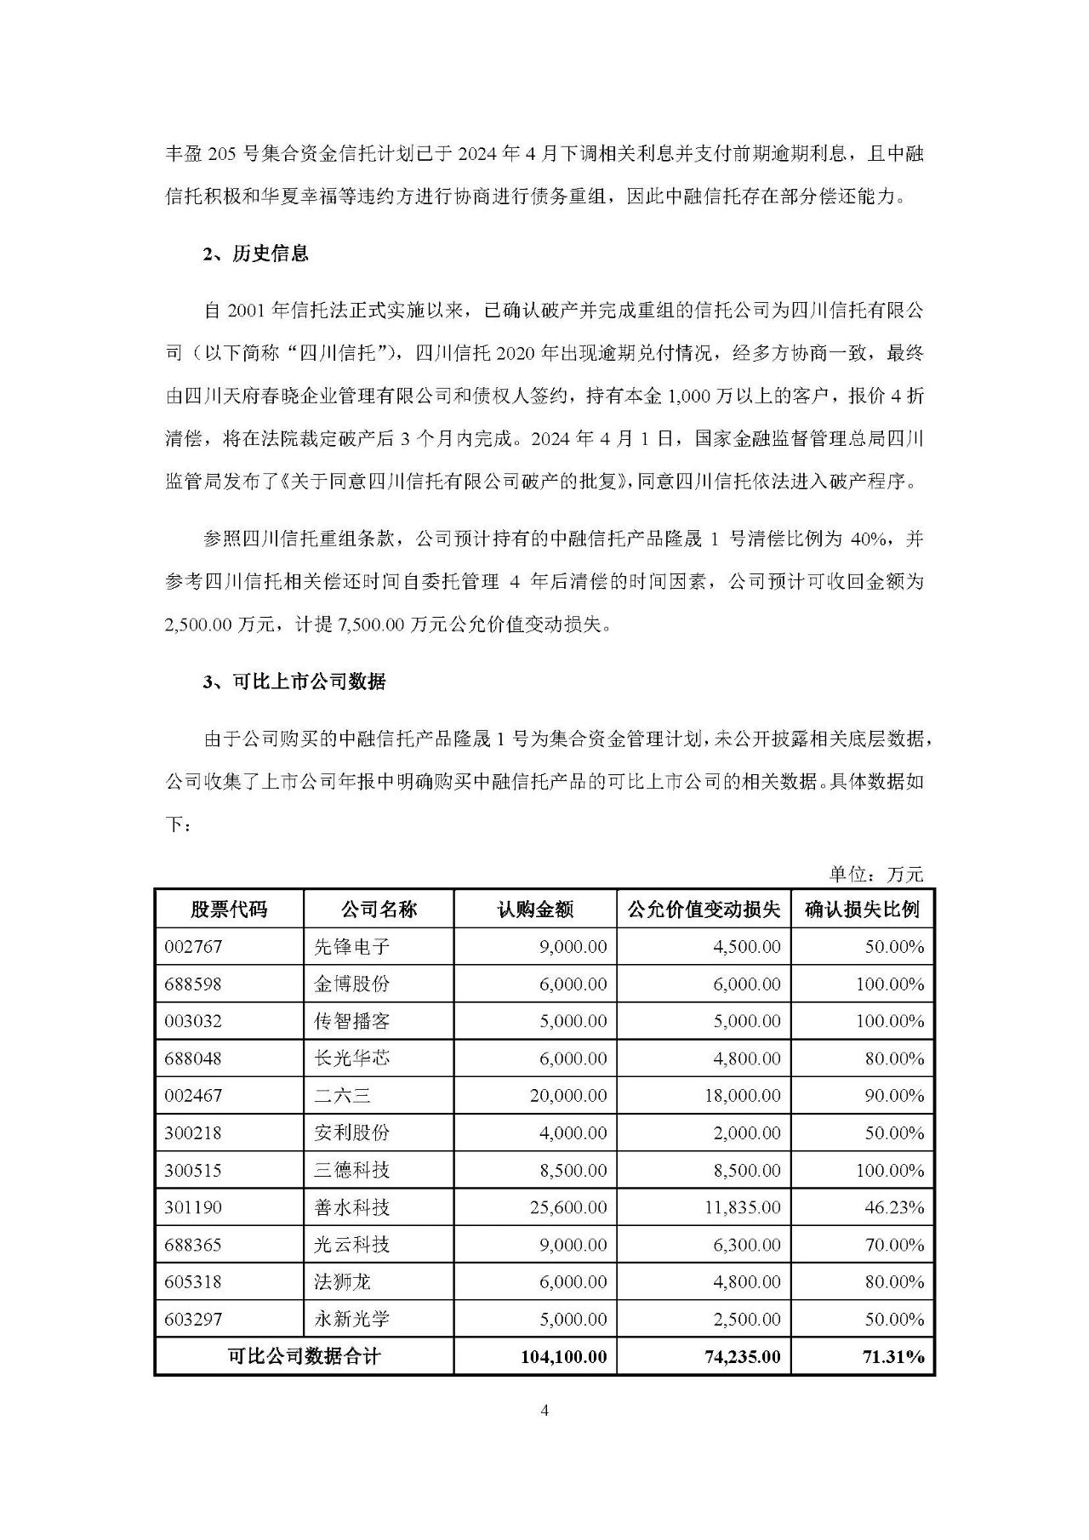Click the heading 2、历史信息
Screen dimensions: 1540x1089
point(256,254)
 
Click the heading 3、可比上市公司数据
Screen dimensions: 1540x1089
point(294,682)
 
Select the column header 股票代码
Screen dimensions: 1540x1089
point(229,910)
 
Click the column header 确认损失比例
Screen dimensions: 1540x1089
point(862,910)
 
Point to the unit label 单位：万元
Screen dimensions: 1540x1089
point(875,874)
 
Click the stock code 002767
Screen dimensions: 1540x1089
point(193,947)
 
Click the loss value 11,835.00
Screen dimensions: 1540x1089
point(742,1207)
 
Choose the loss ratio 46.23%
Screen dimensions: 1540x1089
point(893,1207)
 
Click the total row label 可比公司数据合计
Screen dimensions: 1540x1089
point(304,1356)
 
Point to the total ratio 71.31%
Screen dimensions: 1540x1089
point(892,1356)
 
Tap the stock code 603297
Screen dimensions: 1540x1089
point(193,1320)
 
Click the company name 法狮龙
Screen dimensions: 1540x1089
point(342,1282)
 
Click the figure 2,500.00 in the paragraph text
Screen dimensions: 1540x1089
point(198,625)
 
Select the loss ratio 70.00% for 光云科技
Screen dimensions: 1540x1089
point(893,1245)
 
